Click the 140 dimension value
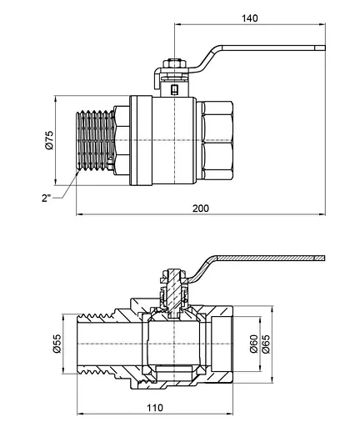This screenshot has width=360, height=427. pos(249,18)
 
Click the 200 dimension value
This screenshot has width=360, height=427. pos(201,208)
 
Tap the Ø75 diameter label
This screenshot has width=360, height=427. pos(50,140)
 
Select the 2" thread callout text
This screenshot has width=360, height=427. pos(47,198)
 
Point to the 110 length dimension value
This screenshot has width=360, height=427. pos(155,408)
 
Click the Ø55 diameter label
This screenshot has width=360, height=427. pos(57,344)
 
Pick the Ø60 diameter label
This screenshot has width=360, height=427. pos(254,344)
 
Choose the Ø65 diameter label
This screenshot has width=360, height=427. pos(266,344)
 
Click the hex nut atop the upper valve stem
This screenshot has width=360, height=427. pos(174,63)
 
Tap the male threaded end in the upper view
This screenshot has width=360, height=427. pos(95,140)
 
